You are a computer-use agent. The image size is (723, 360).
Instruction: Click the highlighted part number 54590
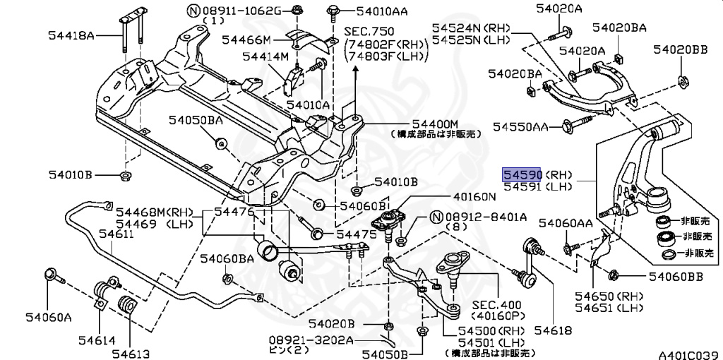522,174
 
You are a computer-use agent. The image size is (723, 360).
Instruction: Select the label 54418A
71,35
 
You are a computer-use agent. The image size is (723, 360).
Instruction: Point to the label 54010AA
382,11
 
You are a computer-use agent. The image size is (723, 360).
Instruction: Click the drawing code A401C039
690,354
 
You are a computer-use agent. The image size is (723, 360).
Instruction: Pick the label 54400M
435,124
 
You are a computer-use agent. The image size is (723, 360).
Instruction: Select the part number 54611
116,234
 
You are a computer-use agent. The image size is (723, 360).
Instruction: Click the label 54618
553,330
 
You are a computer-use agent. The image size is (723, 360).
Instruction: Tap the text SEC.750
369,31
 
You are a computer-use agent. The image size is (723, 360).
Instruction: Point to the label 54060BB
676,277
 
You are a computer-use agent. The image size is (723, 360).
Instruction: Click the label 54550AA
520,126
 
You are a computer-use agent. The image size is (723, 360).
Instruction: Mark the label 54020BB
680,49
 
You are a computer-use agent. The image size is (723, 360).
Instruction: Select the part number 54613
133,354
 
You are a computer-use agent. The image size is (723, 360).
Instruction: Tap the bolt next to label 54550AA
577,123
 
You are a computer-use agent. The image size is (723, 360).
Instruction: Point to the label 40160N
474,197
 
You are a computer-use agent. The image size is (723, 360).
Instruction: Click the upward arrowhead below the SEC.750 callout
356,70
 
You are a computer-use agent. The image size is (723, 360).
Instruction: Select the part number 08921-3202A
311,341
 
